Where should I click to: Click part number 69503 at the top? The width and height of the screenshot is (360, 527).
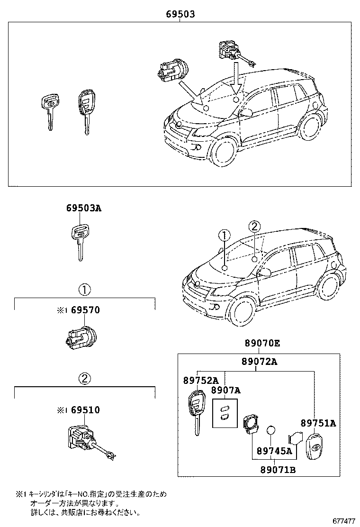click(180, 15)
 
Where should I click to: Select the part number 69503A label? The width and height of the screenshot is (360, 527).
click(83, 208)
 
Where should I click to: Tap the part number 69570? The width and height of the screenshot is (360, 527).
click(86, 310)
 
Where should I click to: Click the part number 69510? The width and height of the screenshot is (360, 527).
click(86, 409)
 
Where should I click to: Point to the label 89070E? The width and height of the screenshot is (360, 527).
click(262, 343)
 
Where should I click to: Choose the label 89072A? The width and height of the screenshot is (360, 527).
click(259, 362)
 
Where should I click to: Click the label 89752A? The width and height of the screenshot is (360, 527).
click(201, 380)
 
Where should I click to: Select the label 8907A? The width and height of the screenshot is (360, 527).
click(226, 390)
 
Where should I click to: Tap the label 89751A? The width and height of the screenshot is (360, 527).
click(318, 423)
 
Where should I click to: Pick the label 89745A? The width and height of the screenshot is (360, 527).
click(274, 451)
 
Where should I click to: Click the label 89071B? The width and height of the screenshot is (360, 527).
click(278, 470)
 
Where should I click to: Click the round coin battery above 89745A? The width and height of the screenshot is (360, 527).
click(271, 430)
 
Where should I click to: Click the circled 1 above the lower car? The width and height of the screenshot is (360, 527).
click(224, 236)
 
